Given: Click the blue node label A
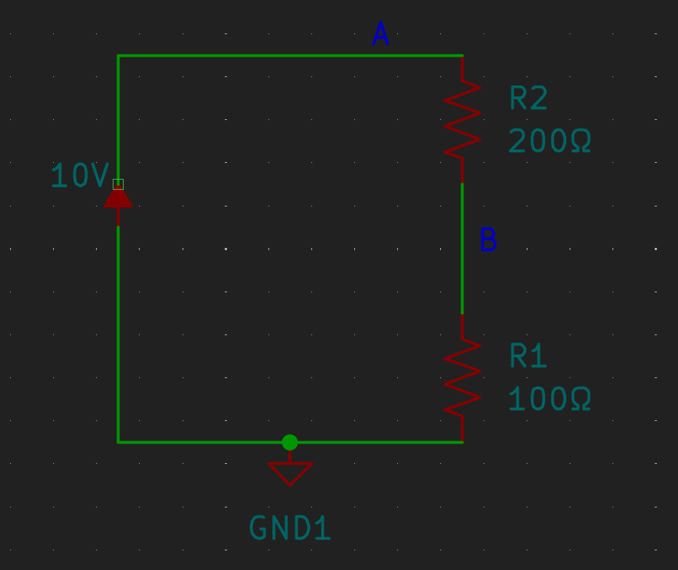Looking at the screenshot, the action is (380, 33).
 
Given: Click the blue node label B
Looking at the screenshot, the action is (488, 239).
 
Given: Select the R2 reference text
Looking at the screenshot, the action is (528, 97).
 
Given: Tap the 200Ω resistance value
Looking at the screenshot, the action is (549, 140).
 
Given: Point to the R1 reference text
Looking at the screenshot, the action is (528, 356).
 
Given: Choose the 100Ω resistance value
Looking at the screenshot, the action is (549, 398).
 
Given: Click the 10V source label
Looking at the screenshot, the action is (80, 175).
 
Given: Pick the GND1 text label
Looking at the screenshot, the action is (290, 528).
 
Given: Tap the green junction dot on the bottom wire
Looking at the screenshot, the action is (290, 443).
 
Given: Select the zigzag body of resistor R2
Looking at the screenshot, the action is (463, 119).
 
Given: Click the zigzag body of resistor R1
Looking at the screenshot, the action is (463, 377).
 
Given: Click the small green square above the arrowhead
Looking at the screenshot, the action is (118, 184).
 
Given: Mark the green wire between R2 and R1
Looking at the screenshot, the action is (463, 249).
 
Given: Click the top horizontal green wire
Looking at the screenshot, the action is (290, 56).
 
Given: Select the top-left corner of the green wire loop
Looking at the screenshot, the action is (118, 56).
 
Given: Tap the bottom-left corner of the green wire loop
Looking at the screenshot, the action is (118, 443).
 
